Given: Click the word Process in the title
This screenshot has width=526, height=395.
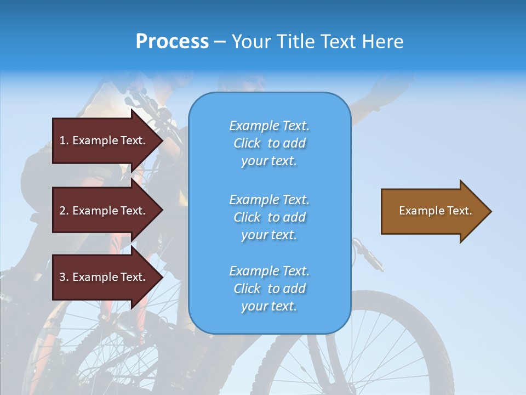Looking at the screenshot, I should pyautogui.click(x=172, y=42).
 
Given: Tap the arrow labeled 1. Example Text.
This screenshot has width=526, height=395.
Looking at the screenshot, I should pyautogui.click(x=104, y=140).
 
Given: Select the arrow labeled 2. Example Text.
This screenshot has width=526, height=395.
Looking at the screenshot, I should pyautogui.click(x=104, y=211).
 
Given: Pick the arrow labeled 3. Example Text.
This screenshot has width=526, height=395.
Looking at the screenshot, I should pyautogui.click(x=104, y=277).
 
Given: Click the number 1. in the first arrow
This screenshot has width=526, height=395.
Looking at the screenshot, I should pyautogui.click(x=64, y=140).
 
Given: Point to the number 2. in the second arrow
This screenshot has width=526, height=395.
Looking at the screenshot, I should pyautogui.click(x=64, y=211).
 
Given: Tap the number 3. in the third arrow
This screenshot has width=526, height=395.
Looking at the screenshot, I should pyautogui.click(x=64, y=277).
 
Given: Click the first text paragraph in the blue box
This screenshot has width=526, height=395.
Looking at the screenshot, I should pyautogui.click(x=269, y=143).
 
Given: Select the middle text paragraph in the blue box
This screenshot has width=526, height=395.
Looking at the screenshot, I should pyautogui.click(x=269, y=217).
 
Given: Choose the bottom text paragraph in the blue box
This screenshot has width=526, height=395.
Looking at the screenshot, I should pyautogui.click(x=269, y=289).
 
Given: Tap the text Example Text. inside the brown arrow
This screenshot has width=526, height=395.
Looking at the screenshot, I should pyautogui.click(x=436, y=211).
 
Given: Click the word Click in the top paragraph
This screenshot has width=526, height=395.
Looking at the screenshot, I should pyautogui.click(x=247, y=143).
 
